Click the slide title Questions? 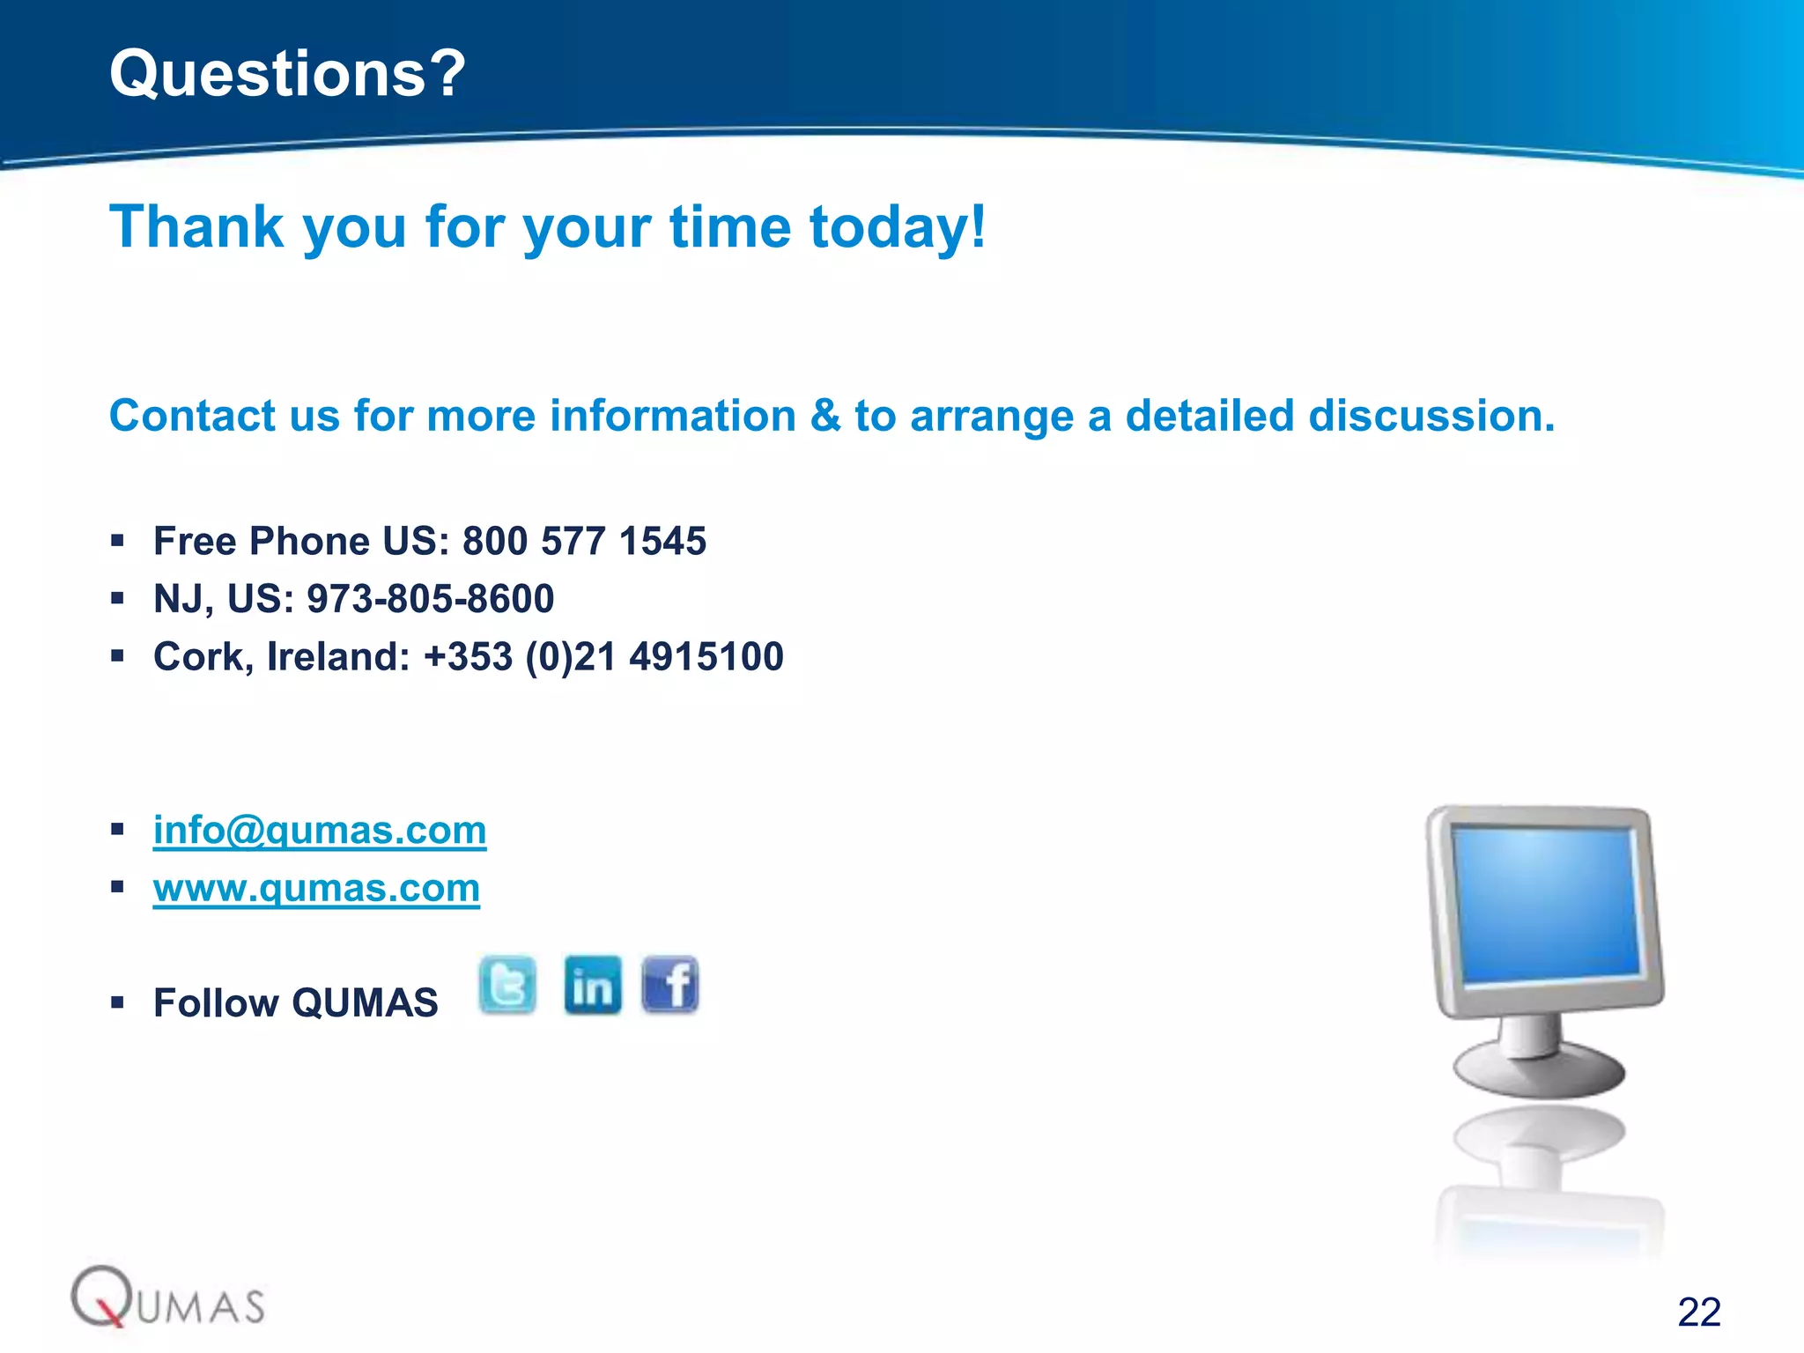pos(287,73)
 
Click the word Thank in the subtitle pos(196,227)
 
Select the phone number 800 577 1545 pos(584,541)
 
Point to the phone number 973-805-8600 pos(430,599)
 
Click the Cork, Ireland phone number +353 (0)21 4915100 pos(603,657)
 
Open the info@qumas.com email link pos(320,830)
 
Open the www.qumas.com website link pos(316,888)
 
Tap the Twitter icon pos(507,984)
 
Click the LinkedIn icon pos(592,985)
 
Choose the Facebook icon pos(670,985)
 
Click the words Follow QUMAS pos(296,1003)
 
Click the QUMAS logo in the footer pos(167,1298)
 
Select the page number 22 pos(1699,1312)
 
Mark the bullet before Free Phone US pos(117,541)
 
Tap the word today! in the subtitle pos(898,227)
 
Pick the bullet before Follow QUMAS pos(117,1002)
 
